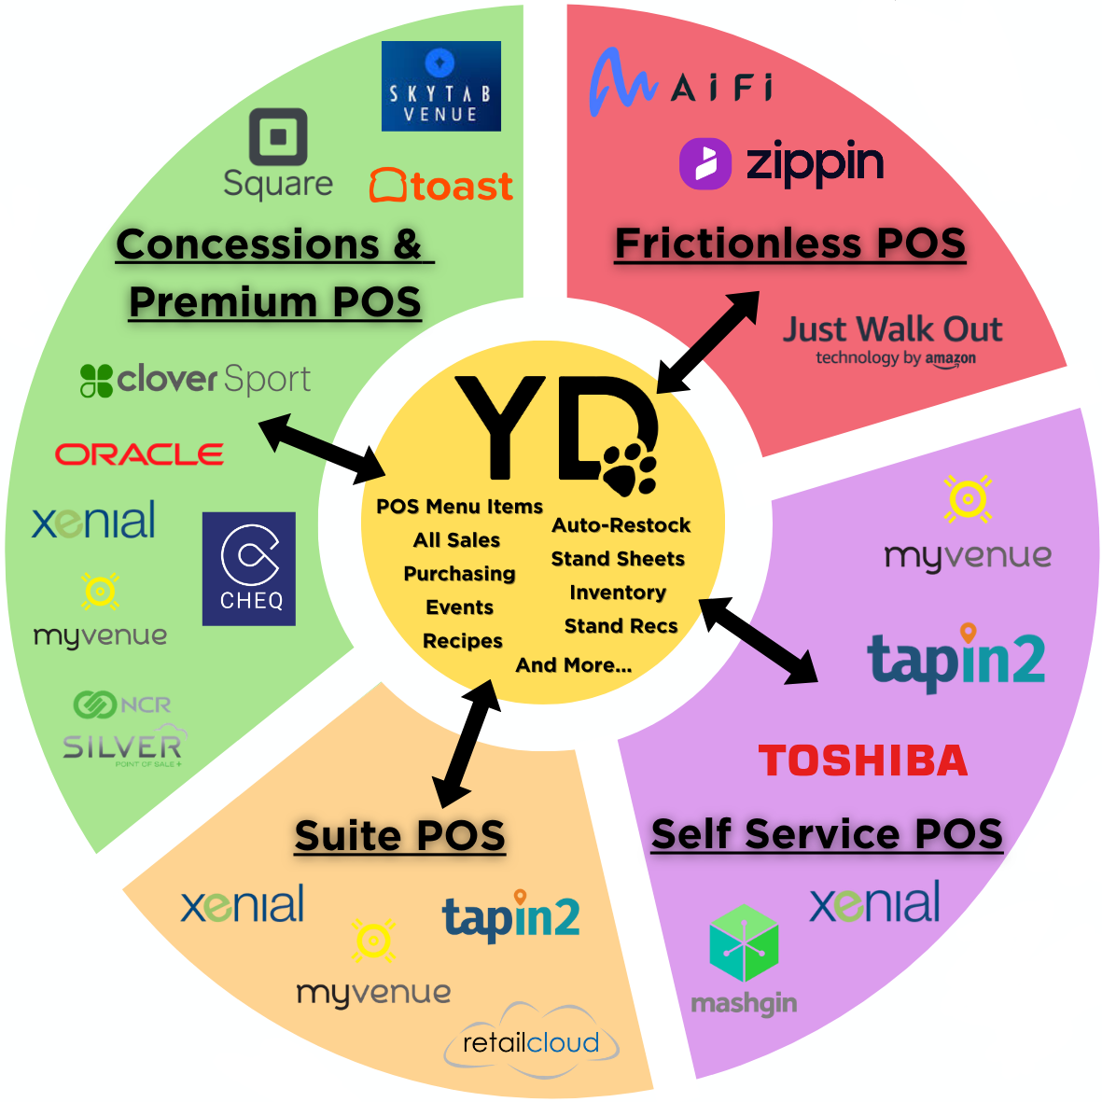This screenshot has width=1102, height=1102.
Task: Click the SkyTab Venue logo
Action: tap(440, 86)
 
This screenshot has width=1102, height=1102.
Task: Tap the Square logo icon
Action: tap(278, 137)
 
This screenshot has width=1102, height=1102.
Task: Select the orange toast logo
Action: tap(441, 186)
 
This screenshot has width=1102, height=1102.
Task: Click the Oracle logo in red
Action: tap(139, 454)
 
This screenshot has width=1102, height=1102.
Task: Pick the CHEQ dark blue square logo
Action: tap(249, 568)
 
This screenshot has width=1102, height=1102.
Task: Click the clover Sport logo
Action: tap(195, 380)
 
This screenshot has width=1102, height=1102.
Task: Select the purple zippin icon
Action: tap(705, 163)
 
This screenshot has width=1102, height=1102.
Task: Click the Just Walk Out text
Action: tap(892, 329)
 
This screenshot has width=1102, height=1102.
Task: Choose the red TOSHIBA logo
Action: tap(862, 760)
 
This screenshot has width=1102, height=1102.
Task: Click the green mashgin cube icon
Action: tap(744, 942)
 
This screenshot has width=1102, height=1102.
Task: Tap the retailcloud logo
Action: tap(531, 1041)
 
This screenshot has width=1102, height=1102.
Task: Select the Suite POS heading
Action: tap(399, 835)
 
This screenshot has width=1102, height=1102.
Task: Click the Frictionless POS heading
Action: tap(789, 244)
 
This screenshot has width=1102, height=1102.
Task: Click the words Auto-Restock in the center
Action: tap(621, 525)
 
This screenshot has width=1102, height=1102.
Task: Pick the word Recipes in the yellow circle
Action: tap(462, 641)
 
